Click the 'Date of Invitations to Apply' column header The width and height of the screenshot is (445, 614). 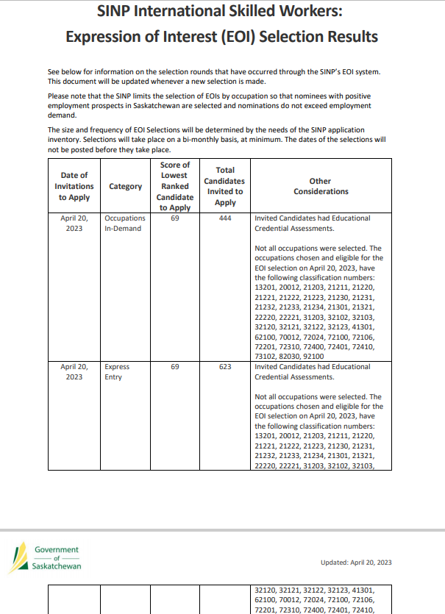[x=74, y=186]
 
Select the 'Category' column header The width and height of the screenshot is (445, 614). [x=126, y=186]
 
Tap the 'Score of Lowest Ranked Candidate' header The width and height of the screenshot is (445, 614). [x=175, y=186]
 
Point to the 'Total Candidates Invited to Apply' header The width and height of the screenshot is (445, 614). [x=225, y=186]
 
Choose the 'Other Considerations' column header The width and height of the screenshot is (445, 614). [x=321, y=186]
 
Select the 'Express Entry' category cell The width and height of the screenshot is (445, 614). [x=117, y=371]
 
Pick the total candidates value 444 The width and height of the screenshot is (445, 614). [x=225, y=218]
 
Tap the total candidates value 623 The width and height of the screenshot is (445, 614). [x=225, y=366]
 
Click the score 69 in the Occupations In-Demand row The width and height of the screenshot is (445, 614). [x=175, y=218]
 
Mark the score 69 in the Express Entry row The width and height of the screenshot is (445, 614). [x=175, y=366]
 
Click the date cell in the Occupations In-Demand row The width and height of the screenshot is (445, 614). [x=74, y=223]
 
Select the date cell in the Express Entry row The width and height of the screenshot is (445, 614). [x=74, y=371]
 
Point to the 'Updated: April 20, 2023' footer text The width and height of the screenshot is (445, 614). [x=356, y=563]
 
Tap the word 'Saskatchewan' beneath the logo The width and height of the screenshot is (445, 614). [x=57, y=566]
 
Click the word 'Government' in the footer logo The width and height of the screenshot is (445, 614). [x=57, y=549]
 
